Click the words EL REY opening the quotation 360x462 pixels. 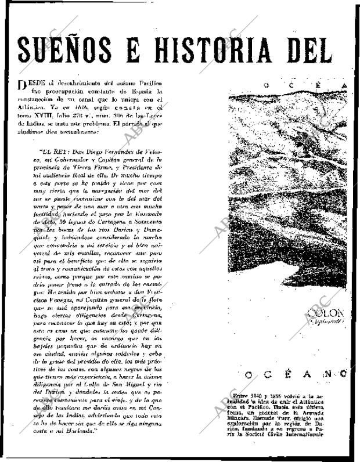pos(54,154)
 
